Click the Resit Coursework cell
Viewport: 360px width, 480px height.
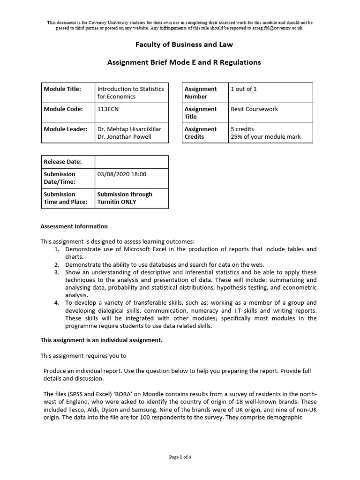pyautogui.click(x=254, y=109)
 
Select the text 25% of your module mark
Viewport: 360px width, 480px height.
pyautogui.click(x=265, y=137)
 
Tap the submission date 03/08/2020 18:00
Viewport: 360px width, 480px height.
pyautogui.click(x=121, y=174)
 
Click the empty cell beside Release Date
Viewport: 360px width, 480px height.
pyautogui.click(x=131, y=162)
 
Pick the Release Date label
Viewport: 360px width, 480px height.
pyautogui.click(x=62, y=162)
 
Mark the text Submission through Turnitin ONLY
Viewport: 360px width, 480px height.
pyautogui.click(x=124, y=198)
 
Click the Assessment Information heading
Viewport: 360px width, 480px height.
pyautogui.click(x=74, y=226)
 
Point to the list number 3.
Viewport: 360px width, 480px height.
pyautogui.click(x=57, y=272)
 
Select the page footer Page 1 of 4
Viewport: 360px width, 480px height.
pyautogui.click(x=180, y=457)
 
